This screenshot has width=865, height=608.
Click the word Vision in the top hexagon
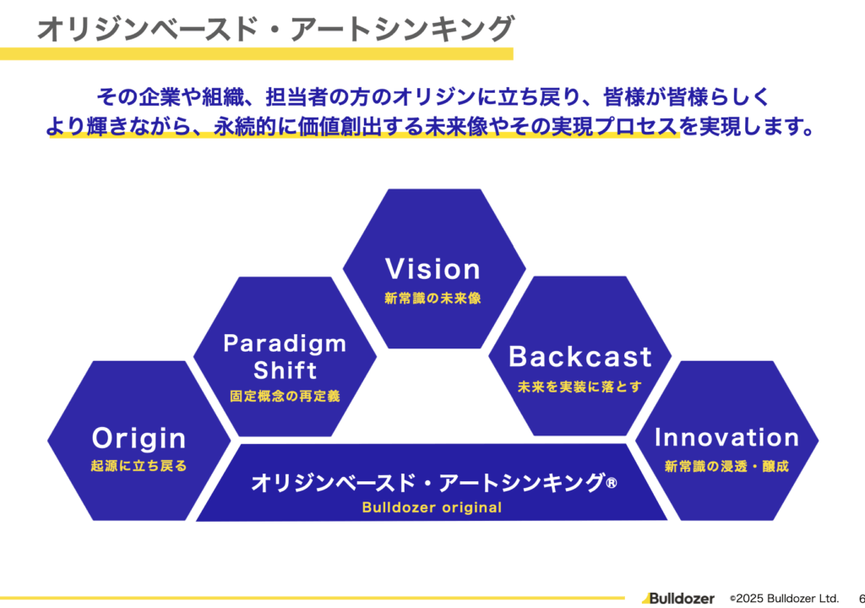pos(432,269)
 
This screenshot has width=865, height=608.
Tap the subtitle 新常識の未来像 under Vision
pos(432,299)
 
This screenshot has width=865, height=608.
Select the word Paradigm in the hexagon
pos(285,343)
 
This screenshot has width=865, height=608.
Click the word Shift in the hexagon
pos(285,370)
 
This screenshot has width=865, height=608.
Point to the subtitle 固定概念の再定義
pos(285,396)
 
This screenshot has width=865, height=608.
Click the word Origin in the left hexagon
pos(139,438)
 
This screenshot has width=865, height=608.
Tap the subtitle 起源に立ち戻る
pos(139,466)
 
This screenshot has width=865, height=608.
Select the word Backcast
pos(580,357)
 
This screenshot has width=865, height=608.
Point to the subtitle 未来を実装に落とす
pos(580,386)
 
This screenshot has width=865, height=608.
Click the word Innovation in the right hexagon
pos(726,437)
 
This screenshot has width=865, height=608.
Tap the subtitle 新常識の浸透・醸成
pos(726,466)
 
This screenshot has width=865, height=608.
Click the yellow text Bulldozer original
pos(432,508)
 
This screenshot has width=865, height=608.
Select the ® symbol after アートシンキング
pos(612,483)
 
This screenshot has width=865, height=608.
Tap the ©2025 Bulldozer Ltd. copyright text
pos(783,598)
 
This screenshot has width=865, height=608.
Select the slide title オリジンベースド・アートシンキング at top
pos(275,30)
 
